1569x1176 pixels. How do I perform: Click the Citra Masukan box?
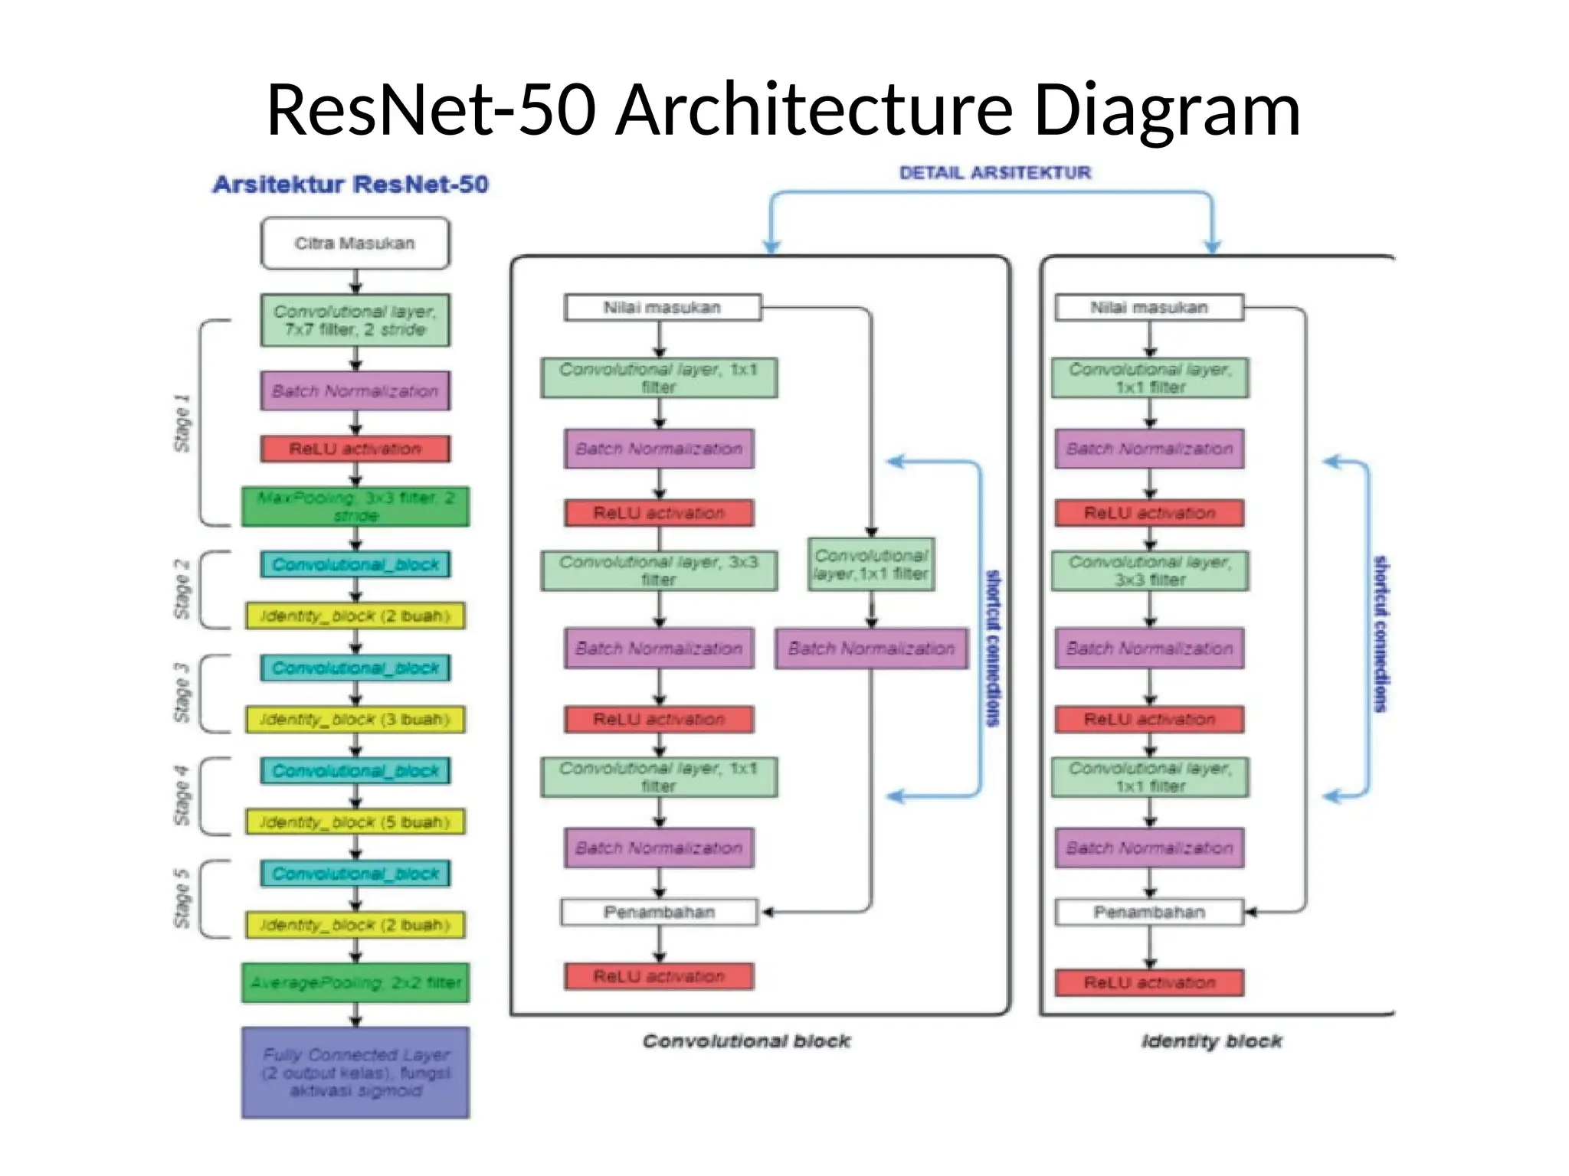point(355,243)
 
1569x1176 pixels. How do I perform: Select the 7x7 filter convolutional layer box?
point(355,321)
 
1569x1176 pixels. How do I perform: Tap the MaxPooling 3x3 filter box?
point(355,507)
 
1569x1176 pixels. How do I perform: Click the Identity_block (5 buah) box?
point(355,822)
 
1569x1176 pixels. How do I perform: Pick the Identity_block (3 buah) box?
point(355,720)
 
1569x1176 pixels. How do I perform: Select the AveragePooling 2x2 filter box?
point(355,983)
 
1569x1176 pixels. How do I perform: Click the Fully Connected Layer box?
point(355,1073)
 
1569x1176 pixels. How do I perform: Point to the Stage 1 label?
point(182,423)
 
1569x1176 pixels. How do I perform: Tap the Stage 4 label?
point(182,795)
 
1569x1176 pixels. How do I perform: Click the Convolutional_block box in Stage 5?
point(355,874)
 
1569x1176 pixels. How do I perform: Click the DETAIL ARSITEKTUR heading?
point(994,173)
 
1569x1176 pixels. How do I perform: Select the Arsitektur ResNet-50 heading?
point(350,185)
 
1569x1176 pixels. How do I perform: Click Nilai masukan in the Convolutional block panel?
point(662,308)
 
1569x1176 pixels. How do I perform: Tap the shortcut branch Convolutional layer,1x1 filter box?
point(871,565)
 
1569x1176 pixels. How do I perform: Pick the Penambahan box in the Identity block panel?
point(1148,913)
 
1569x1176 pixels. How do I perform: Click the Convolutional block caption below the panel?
point(746,1041)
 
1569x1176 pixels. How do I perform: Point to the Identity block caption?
point(1211,1041)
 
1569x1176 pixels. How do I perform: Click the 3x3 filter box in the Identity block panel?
point(1149,571)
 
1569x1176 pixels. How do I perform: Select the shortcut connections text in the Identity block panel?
point(1380,634)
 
